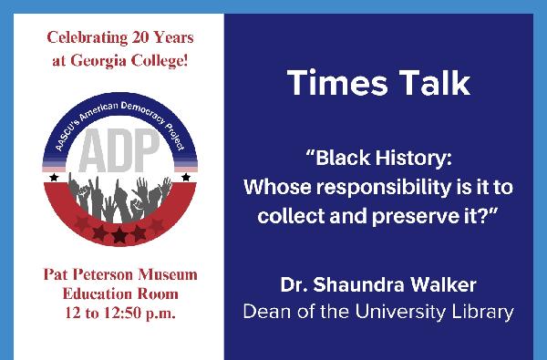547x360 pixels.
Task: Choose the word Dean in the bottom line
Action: point(266,311)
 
